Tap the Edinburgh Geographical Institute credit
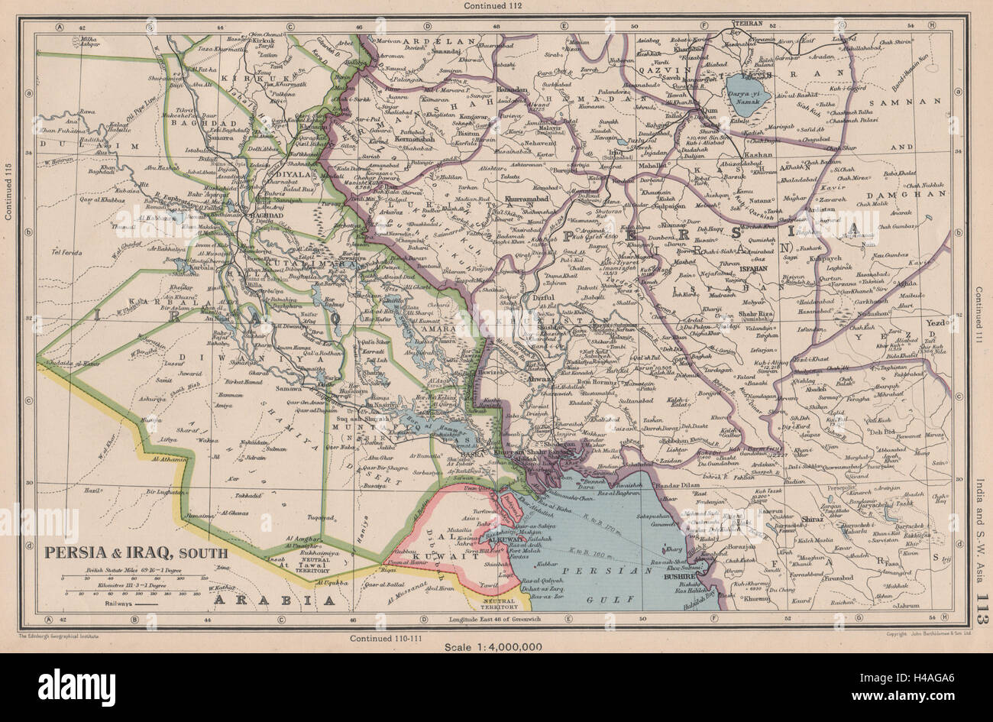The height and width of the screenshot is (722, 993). click(x=60, y=636)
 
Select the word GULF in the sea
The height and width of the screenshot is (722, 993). click(x=606, y=601)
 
